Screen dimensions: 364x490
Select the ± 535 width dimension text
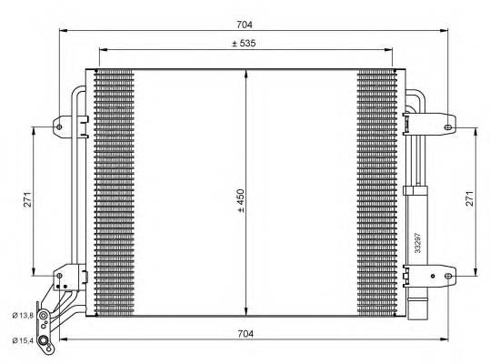click(245, 43)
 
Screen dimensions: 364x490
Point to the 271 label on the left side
click(28, 200)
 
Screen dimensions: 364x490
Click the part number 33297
click(417, 239)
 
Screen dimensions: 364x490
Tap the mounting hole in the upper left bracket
click(60, 126)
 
